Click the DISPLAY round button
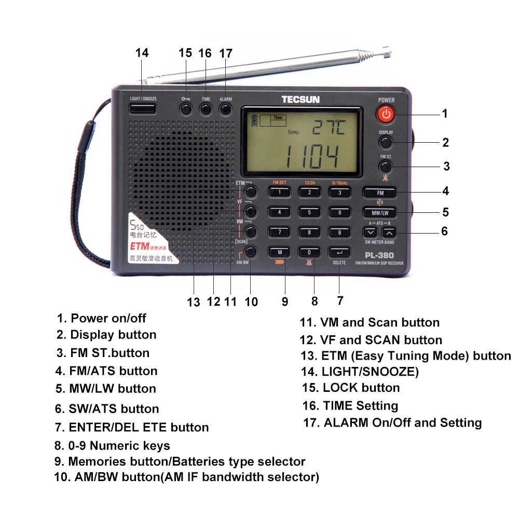pyautogui.click(x=385, y=141)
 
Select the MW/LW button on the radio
pyautogui.click(x=380, y=212)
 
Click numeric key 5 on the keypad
pyautogui.click(x=309, y=212)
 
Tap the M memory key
pyautogui.click(x=279, y=252)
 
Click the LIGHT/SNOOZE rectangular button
pyautogui.click(x=143, y=108)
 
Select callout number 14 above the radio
pyautogui.click(x=142, y=53)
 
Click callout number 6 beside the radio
pyautogui.click(x=444, y=231)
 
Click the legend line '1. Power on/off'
pyautogui.click(x=102, y=318)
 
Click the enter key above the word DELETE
pyautogui.click(x=339, y=252)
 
